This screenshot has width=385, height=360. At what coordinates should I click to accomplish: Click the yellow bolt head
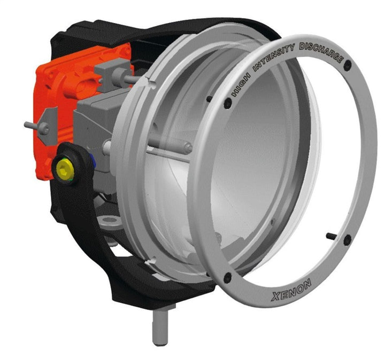[65, 169]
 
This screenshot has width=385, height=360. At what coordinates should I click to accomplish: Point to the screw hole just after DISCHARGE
[348, 65]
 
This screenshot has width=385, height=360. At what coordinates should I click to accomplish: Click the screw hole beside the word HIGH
[227, 104]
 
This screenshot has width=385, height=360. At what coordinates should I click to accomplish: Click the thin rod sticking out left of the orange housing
[32, 126]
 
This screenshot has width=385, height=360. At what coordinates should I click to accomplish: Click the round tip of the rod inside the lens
[188, 147]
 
